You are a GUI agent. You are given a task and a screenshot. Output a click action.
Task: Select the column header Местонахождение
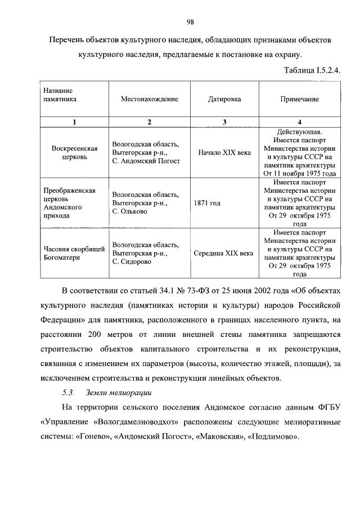(x=149, y=99)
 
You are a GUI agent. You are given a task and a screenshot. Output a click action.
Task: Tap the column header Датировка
(x=224, y=99)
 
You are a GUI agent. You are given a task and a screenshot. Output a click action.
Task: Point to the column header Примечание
(x=300, y=99)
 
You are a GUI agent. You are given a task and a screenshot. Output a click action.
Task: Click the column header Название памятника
(x=60, y=94)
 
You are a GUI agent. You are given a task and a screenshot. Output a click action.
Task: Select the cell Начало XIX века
(x=224, y=152)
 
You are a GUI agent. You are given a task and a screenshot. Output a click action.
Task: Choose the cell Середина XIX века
(x=223, y=253)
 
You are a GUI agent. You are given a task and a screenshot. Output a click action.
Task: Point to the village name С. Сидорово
(x=132, y=262)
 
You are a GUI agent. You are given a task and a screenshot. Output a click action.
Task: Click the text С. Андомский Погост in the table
(x=146, y=161)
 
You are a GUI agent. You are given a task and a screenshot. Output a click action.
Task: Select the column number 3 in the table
(x=224, y=122)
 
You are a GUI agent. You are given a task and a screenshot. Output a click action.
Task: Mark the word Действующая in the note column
(x=300, y=132)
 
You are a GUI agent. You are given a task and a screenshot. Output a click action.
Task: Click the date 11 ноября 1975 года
(x=307, y=174)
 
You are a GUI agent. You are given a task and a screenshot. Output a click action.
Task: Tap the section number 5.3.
(x=68, y=391)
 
